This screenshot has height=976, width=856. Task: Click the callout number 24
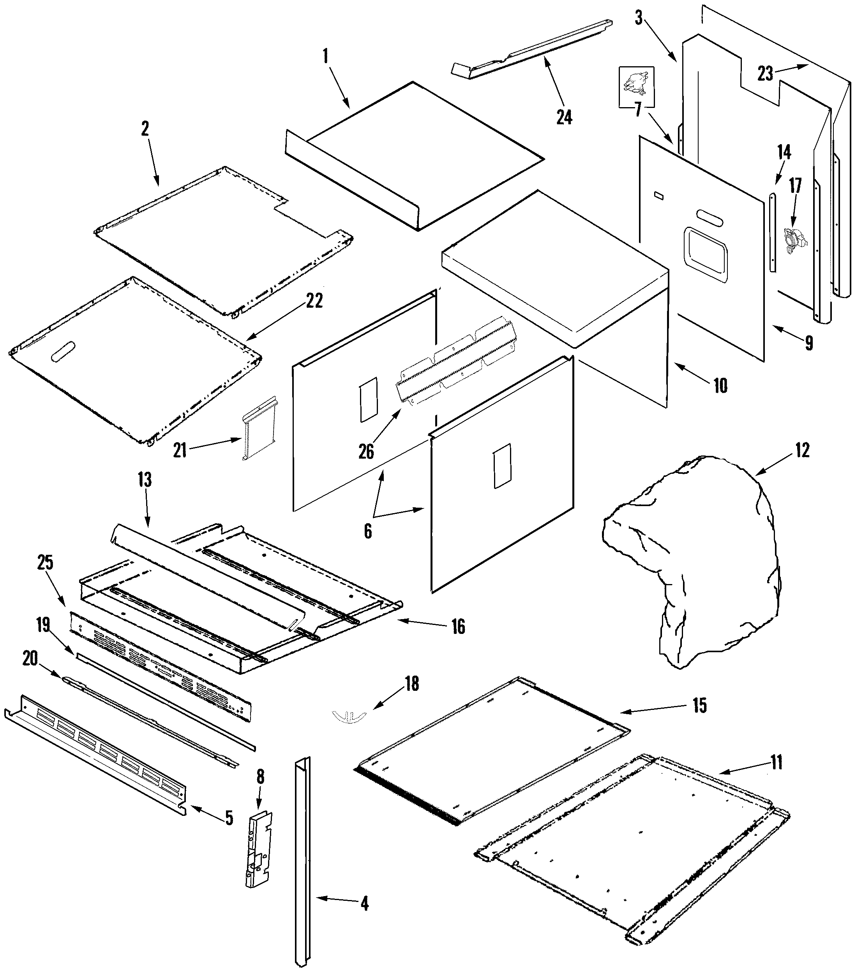pos(564,116)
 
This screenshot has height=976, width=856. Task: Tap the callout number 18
pos(411,684)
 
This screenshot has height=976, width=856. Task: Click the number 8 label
pos(260,777)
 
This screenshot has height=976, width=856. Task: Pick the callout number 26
pos(366,451)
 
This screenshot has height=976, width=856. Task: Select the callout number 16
pos(458,627)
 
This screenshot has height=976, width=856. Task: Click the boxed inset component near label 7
pos(636,86)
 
